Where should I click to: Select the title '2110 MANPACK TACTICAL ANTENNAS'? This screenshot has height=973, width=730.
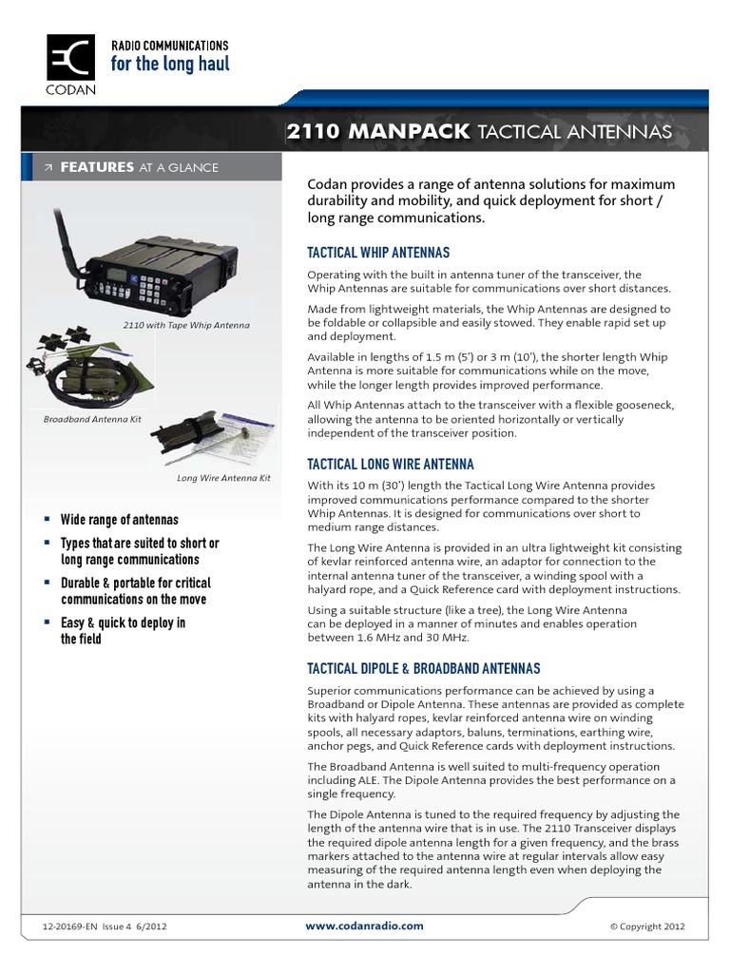pos(479,131)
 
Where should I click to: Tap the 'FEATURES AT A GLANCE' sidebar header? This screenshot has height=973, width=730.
pos(139,167)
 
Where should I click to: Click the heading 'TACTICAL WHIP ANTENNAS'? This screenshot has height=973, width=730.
pos(377,253)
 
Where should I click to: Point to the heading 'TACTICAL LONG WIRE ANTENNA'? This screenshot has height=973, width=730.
pos(390,465)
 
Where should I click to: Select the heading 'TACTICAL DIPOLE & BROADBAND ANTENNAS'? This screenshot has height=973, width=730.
pos(423,669)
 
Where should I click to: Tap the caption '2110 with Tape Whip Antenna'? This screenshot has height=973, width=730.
pos(186,325)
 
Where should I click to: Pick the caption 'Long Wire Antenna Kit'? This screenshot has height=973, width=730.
pos(223,478)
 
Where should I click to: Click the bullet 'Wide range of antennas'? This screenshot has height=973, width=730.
pos(119,520)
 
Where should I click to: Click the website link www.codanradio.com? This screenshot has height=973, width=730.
pos(364,925)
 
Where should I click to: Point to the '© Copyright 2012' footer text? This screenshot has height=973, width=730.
pos(645,926)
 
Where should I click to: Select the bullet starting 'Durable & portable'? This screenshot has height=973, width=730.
pos(135,591)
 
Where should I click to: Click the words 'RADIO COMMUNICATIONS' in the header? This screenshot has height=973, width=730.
pos(170,46)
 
